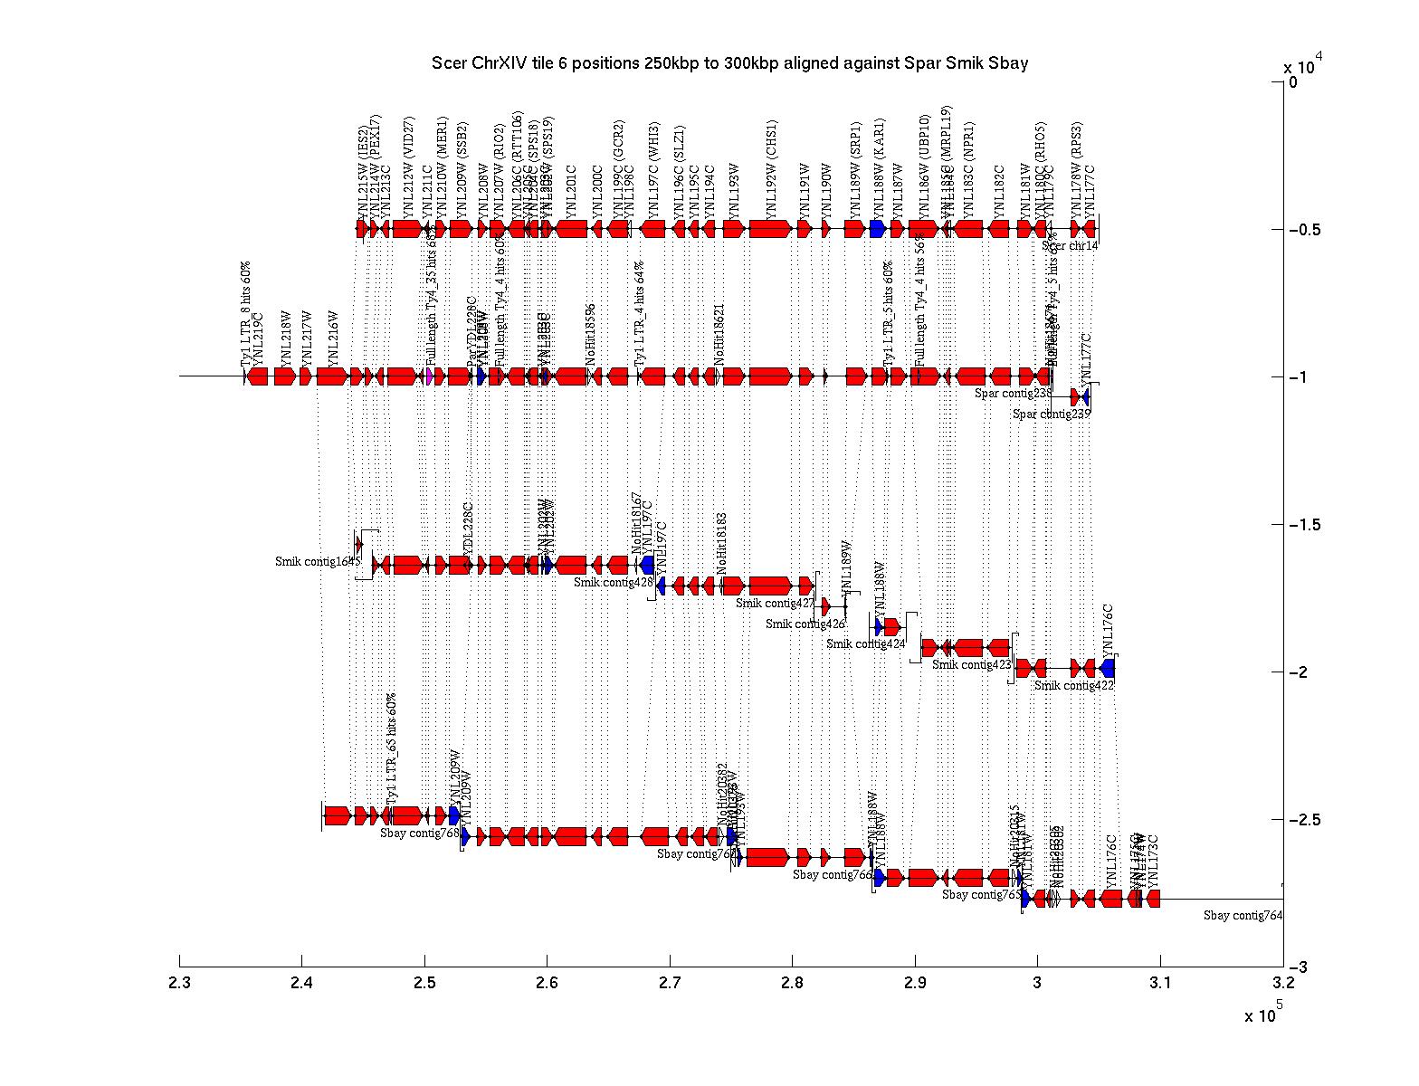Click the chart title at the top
[729, 63]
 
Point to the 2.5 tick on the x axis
[424, 961]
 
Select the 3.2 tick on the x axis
[1282, 961]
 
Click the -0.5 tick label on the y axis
[1304, 230]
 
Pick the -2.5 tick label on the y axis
[1304, 820]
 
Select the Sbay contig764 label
[1243, 916]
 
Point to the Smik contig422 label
[1073, 686]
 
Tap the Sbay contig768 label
[420, 834]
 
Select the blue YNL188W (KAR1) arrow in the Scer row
[877, 229]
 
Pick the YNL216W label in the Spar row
[332, 338]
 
